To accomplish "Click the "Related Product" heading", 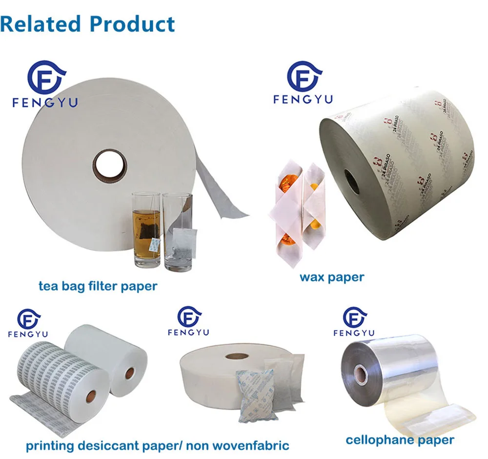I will tap(88, 23).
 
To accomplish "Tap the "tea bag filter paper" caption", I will tap(98, 286).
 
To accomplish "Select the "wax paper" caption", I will tap(332, 277).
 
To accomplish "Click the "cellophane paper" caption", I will tap(400, 440).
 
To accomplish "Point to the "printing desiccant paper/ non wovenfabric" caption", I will tap(157, 445).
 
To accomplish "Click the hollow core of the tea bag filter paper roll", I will tap(110, 166).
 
